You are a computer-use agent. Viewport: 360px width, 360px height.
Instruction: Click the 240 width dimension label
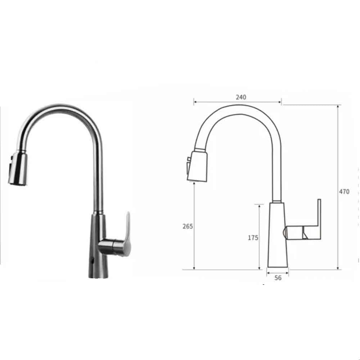241,97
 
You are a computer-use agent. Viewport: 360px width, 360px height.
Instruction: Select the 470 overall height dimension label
344,192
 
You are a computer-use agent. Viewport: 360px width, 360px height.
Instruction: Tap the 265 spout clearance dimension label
188,226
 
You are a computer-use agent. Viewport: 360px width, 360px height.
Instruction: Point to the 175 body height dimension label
253,238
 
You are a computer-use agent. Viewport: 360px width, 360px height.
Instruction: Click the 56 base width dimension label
278,278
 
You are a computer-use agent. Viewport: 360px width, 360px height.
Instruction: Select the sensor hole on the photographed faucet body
93,258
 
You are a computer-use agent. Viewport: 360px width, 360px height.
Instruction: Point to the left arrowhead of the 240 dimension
195,102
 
